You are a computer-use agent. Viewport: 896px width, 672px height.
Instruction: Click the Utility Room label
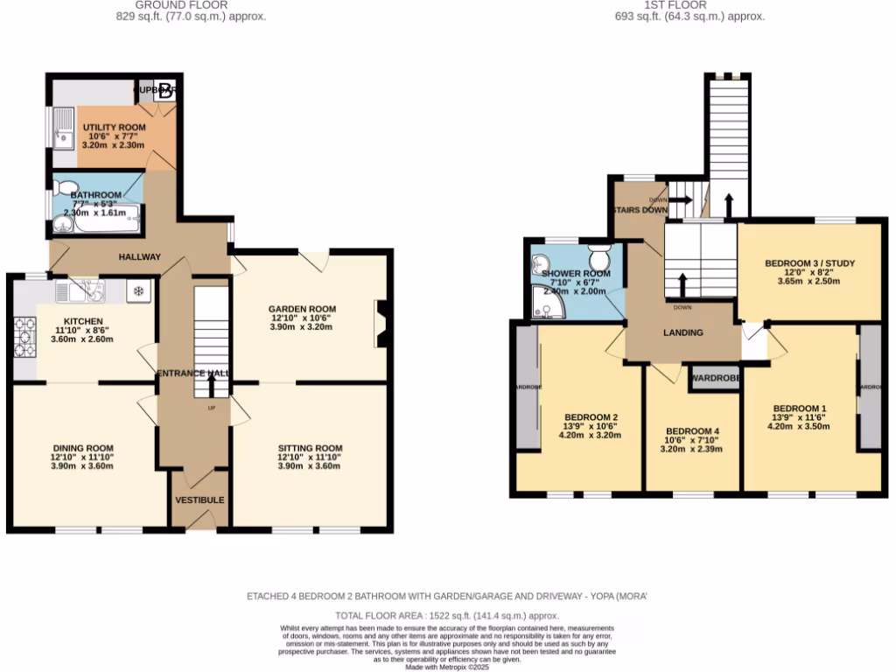pos(114,128)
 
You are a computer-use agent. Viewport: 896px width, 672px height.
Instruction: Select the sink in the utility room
pos(63,129)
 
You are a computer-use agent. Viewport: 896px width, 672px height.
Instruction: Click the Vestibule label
pos(199,500)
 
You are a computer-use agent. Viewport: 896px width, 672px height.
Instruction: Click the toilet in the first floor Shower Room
pos(599,258)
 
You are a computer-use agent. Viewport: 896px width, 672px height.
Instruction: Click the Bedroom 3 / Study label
pos(808,262)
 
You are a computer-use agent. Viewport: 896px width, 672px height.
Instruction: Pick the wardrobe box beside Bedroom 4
pos(716,379)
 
